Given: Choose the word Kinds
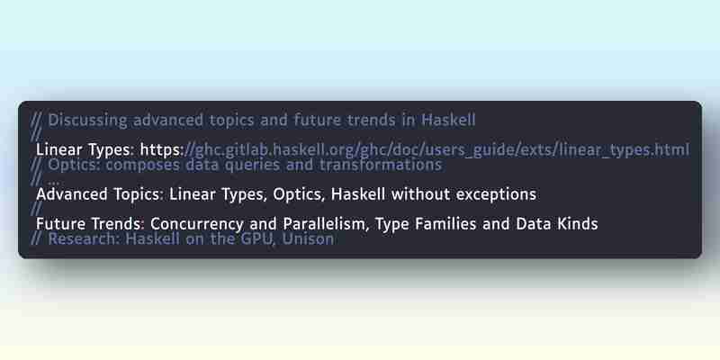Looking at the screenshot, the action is point(576,223).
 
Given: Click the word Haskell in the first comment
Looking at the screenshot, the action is point(448,121).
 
